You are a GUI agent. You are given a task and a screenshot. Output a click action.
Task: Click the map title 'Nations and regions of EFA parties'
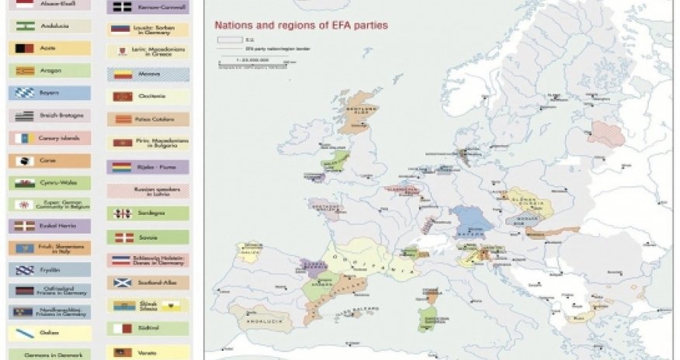pyautogui.click(x=301, y=25)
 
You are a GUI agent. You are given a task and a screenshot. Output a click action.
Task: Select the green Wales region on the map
pyautogui.click(x=338, y=161)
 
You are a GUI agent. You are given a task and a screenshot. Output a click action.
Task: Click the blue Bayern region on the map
pyautogui.click(x=472, y=220)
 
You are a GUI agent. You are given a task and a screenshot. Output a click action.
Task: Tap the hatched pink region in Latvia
pyautogui.click(x=606, y=133)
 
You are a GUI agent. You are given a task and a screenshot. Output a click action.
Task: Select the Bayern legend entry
pyautogui.click(x=50, y=93)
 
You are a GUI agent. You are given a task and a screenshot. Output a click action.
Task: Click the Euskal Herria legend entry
pyautogui.click(x=50, y=227)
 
